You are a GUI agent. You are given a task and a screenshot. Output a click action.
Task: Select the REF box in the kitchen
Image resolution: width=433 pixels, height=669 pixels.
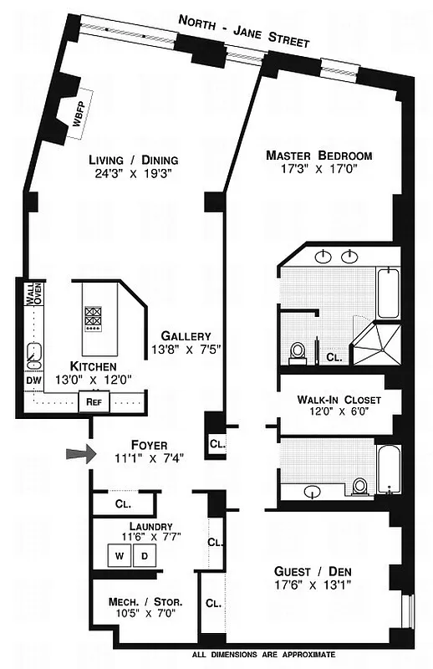click(x=93, y=401)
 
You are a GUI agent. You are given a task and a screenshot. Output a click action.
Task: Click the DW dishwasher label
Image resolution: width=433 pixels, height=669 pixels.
click(x=33, y=380)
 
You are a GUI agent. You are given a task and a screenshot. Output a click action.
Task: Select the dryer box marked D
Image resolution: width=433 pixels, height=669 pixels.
click(x=143, y=555)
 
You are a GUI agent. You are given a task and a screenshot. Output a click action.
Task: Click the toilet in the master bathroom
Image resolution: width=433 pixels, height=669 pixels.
click(x=297, y=352)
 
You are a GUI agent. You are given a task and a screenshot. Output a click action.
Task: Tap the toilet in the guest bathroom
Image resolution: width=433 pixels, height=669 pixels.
click(x=360, y=486)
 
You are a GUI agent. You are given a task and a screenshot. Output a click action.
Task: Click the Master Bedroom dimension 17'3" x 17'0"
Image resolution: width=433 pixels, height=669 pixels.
click(x=318, y=171)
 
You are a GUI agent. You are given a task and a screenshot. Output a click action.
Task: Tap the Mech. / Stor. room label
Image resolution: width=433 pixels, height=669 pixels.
click(x=145, y=602)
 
